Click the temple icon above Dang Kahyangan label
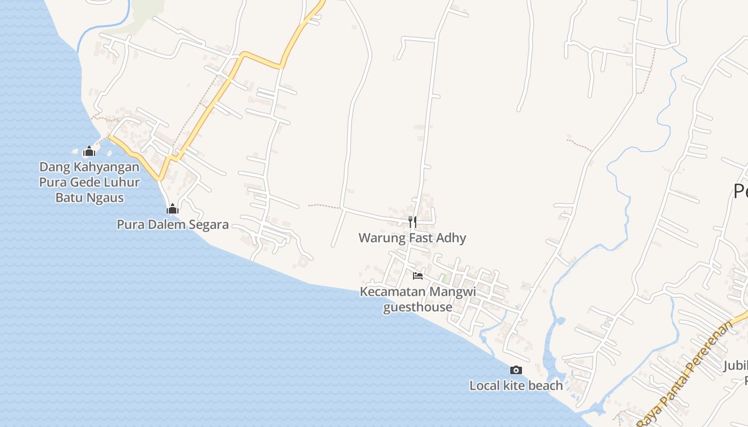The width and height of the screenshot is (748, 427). click(89, 151)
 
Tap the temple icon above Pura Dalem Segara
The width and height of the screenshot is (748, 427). click(173, 209)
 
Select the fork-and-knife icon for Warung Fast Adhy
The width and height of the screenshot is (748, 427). click(412, 222)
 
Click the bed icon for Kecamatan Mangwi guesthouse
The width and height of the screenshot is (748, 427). click(418, 275)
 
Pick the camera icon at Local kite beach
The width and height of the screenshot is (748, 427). click(516, 370)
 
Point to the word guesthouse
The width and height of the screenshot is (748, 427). click(418, 307)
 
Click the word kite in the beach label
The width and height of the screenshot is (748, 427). click(515, 385)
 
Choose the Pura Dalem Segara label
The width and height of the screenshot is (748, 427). click(173, 225)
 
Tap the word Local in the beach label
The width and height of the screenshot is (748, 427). click(485, 385)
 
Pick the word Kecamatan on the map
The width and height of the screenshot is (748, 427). click(392, 292)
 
